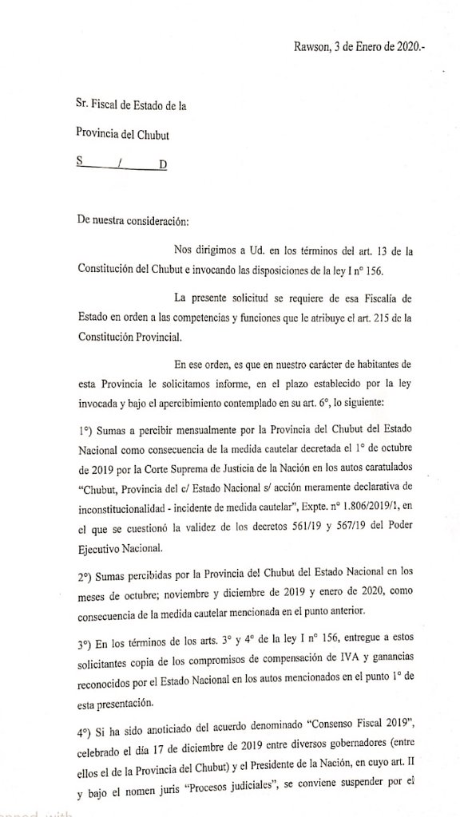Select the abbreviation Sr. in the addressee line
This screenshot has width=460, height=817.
(x=85, y=105)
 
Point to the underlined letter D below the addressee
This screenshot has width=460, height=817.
(x=163, y=165)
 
